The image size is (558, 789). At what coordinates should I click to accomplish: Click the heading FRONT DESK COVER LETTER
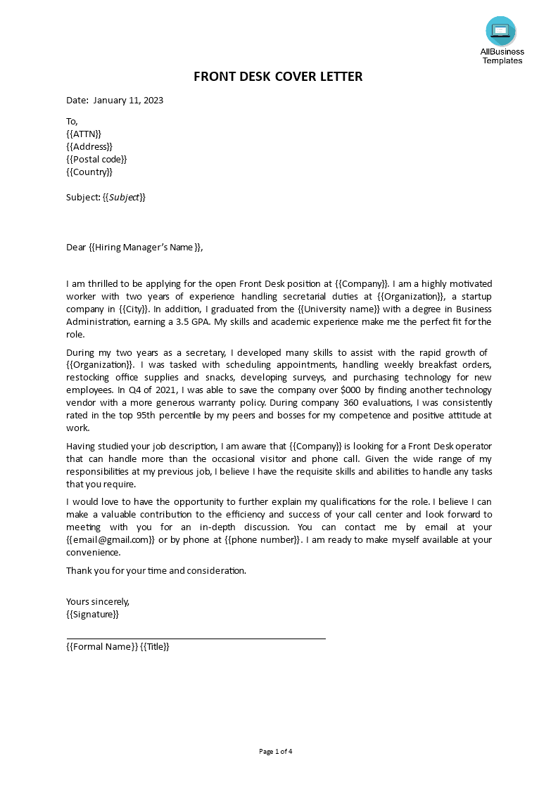click(278, 77)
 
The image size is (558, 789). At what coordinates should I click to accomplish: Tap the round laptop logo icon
click(500, 31)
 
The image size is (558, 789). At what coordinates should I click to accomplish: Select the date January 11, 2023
click(128, 101)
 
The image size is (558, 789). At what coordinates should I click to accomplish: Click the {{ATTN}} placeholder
click(84, 134)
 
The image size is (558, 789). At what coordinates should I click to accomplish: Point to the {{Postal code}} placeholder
click(96, 159)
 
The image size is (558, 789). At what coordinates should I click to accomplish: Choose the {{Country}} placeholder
click(89, 172)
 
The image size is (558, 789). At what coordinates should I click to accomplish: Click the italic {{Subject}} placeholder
click(125, 198)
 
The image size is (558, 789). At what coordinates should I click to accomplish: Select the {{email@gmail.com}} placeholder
click(110, 540)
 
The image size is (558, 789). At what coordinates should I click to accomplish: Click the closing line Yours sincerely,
click(98, 601)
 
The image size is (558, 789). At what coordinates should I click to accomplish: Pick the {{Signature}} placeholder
click(92, 614)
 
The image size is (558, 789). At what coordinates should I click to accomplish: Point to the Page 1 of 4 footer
click(275, 751)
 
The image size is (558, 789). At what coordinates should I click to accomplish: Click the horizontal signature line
click(196, 639)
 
